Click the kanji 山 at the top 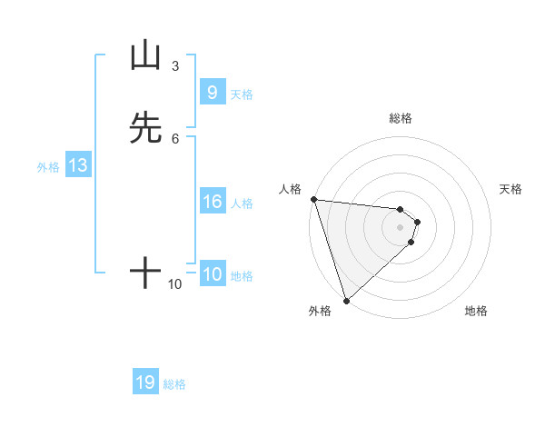point(145,56)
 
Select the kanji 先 point(145,128)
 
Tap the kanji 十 point(145,273)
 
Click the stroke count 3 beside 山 point(175,66)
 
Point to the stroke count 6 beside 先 point(175,138)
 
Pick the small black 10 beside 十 point(175,284)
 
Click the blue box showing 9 point(212,93)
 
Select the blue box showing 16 point(212,202)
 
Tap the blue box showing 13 point(77,165)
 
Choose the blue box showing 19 point(145,382)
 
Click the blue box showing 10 point(212,274)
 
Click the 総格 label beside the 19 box point(174,384)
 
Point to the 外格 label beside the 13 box point(48,167)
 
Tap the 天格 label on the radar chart point(511,189)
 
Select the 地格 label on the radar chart point(476,311)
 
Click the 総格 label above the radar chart point(401,118)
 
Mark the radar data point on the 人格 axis point(313,199)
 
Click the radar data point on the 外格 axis point(346,300)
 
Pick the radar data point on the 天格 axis point(417,222)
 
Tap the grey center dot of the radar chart point(401,227)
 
